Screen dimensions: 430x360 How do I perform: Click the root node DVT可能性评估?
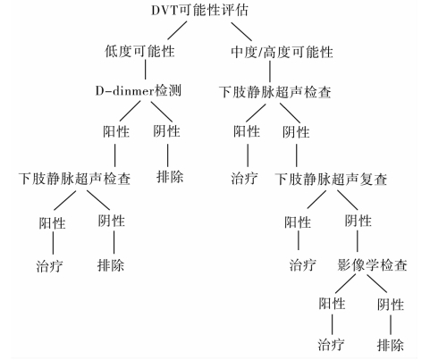pyautogui.click(x=199, y=10)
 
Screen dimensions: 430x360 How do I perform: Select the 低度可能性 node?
pyautogui.click(x=139, y=51)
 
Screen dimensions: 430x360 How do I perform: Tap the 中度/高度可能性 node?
pyautogui.click(x=282, y=52)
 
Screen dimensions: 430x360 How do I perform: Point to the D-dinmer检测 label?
pyautogui.click(x=139, y=90)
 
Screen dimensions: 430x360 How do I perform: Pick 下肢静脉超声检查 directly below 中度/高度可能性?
pyautogui.click(x=275, y=92)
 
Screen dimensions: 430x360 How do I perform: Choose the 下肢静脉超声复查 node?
pyautogui.click(x=331, y=180)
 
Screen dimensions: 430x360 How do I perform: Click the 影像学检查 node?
pyautogui.click(x=372, y=264)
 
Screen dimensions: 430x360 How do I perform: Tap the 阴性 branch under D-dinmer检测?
pyautogui.click(x=167, y=131)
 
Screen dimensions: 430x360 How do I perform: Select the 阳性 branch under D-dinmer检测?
pyautogui.click(x=116, y=131)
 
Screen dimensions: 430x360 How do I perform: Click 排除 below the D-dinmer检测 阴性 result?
pyautogui.click(x=170, y=177)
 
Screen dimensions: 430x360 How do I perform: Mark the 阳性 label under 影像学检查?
pyautogui.click(x=332, y=304)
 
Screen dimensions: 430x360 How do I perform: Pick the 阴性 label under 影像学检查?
pyautogui.click(x=391, y=305)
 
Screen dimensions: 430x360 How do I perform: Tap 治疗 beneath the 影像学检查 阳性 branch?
pyautogui.click(x=331, y=345)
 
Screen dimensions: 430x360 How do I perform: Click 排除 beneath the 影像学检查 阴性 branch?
pyautogui.click(x=391, y=345)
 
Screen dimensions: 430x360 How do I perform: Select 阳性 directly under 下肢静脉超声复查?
pyautogui.click(x=298, y=222)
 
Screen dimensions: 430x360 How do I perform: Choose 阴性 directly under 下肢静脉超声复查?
pyautogui.click(x=358, y=221)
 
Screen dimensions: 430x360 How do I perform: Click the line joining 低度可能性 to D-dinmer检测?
pyautogui.click(x=146, y=70)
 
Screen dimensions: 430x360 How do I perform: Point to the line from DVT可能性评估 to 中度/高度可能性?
pyautogui.click(x=241, y=31)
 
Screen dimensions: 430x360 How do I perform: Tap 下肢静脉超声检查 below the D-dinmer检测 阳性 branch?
pyautogui.click(x=74, y=179)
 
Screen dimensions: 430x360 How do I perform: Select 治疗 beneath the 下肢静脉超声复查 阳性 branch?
pyautogui.click(x=303, y=264)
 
